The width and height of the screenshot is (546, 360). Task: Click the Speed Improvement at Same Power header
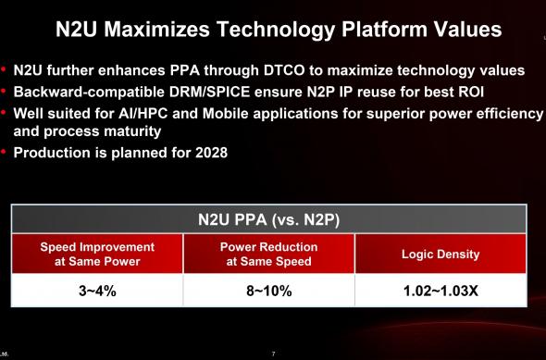click(x=97, y=254)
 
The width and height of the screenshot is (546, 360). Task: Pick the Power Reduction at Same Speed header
click(x=268, y=254)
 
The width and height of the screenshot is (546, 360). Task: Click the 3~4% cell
click(x=97, y=292)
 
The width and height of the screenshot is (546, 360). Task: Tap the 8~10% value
click(x=268, y=292)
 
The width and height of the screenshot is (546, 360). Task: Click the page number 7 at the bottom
click(x=273, y=354)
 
